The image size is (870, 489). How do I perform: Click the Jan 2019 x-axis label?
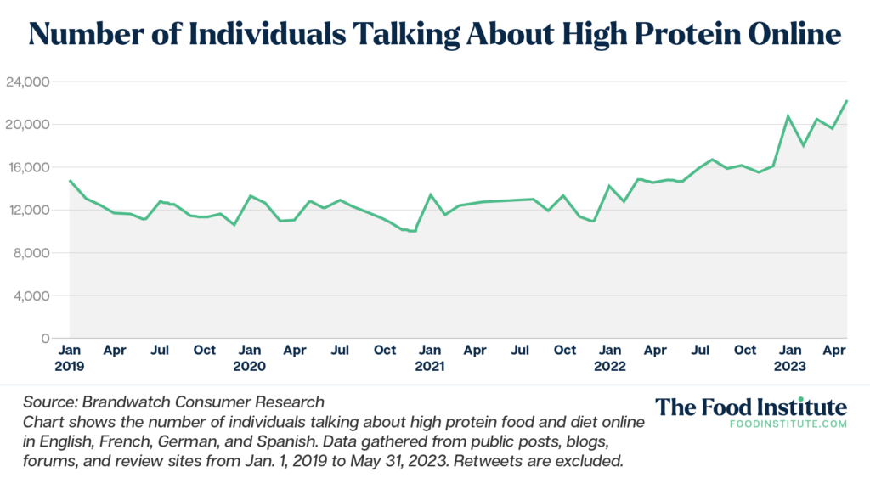69,357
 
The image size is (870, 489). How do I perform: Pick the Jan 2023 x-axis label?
790,357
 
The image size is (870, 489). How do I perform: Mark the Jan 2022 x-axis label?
609,357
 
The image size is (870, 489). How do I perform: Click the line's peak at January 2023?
788,115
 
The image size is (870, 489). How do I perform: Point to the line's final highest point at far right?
847,101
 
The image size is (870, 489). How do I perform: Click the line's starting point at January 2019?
70,180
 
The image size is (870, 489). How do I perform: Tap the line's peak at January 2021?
430,194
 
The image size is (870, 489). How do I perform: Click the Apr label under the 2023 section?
834,350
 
